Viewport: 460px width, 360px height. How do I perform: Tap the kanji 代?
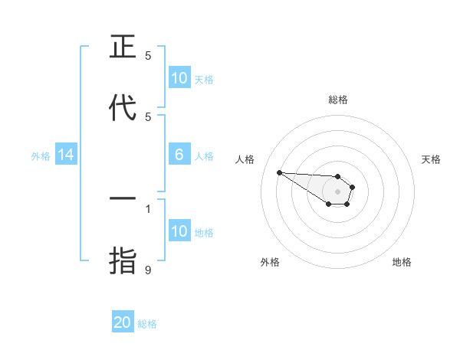coord(123,108)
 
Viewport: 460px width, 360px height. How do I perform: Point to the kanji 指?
coord(123,261)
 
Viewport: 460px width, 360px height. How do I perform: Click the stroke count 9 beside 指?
coord(149,270)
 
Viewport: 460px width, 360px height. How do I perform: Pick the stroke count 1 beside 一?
coord(149,208)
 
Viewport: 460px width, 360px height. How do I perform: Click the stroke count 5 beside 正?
coord(149,55)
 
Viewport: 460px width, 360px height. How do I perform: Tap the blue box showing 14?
coord(66,155)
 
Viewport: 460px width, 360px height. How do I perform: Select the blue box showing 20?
coord(123,322)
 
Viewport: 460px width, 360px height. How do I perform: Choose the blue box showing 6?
coord(179,155)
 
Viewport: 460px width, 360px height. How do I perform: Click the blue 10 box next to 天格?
coord(179,78)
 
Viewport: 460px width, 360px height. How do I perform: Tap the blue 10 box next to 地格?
coord(179,231)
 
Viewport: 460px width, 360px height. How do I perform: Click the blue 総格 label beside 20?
coord(147,324)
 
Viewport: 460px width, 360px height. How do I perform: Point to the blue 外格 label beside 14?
coord(41,156)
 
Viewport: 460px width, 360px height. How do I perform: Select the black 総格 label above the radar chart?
coord(338,100)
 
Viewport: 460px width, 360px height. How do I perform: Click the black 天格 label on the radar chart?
coord(431,159)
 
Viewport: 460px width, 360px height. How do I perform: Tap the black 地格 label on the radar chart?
coord(402,262)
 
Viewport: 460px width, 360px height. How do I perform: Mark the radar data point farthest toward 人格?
coord(279,172)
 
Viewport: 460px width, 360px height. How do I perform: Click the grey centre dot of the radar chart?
coord(337,191)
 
